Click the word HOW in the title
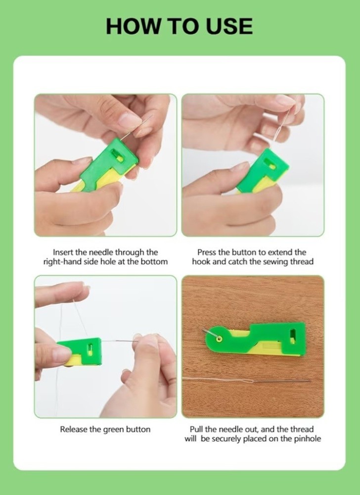coord(133,26)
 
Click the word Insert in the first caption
coord(63,252)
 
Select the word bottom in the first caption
coord(154,262)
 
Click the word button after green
coord(138,429)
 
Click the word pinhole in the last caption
coord(308,439)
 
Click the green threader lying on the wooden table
coord(255,340)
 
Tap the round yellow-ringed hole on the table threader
coord(219,339)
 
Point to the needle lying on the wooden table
coord(280,381)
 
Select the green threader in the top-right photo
coord(262,170)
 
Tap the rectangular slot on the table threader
coord(293,336)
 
